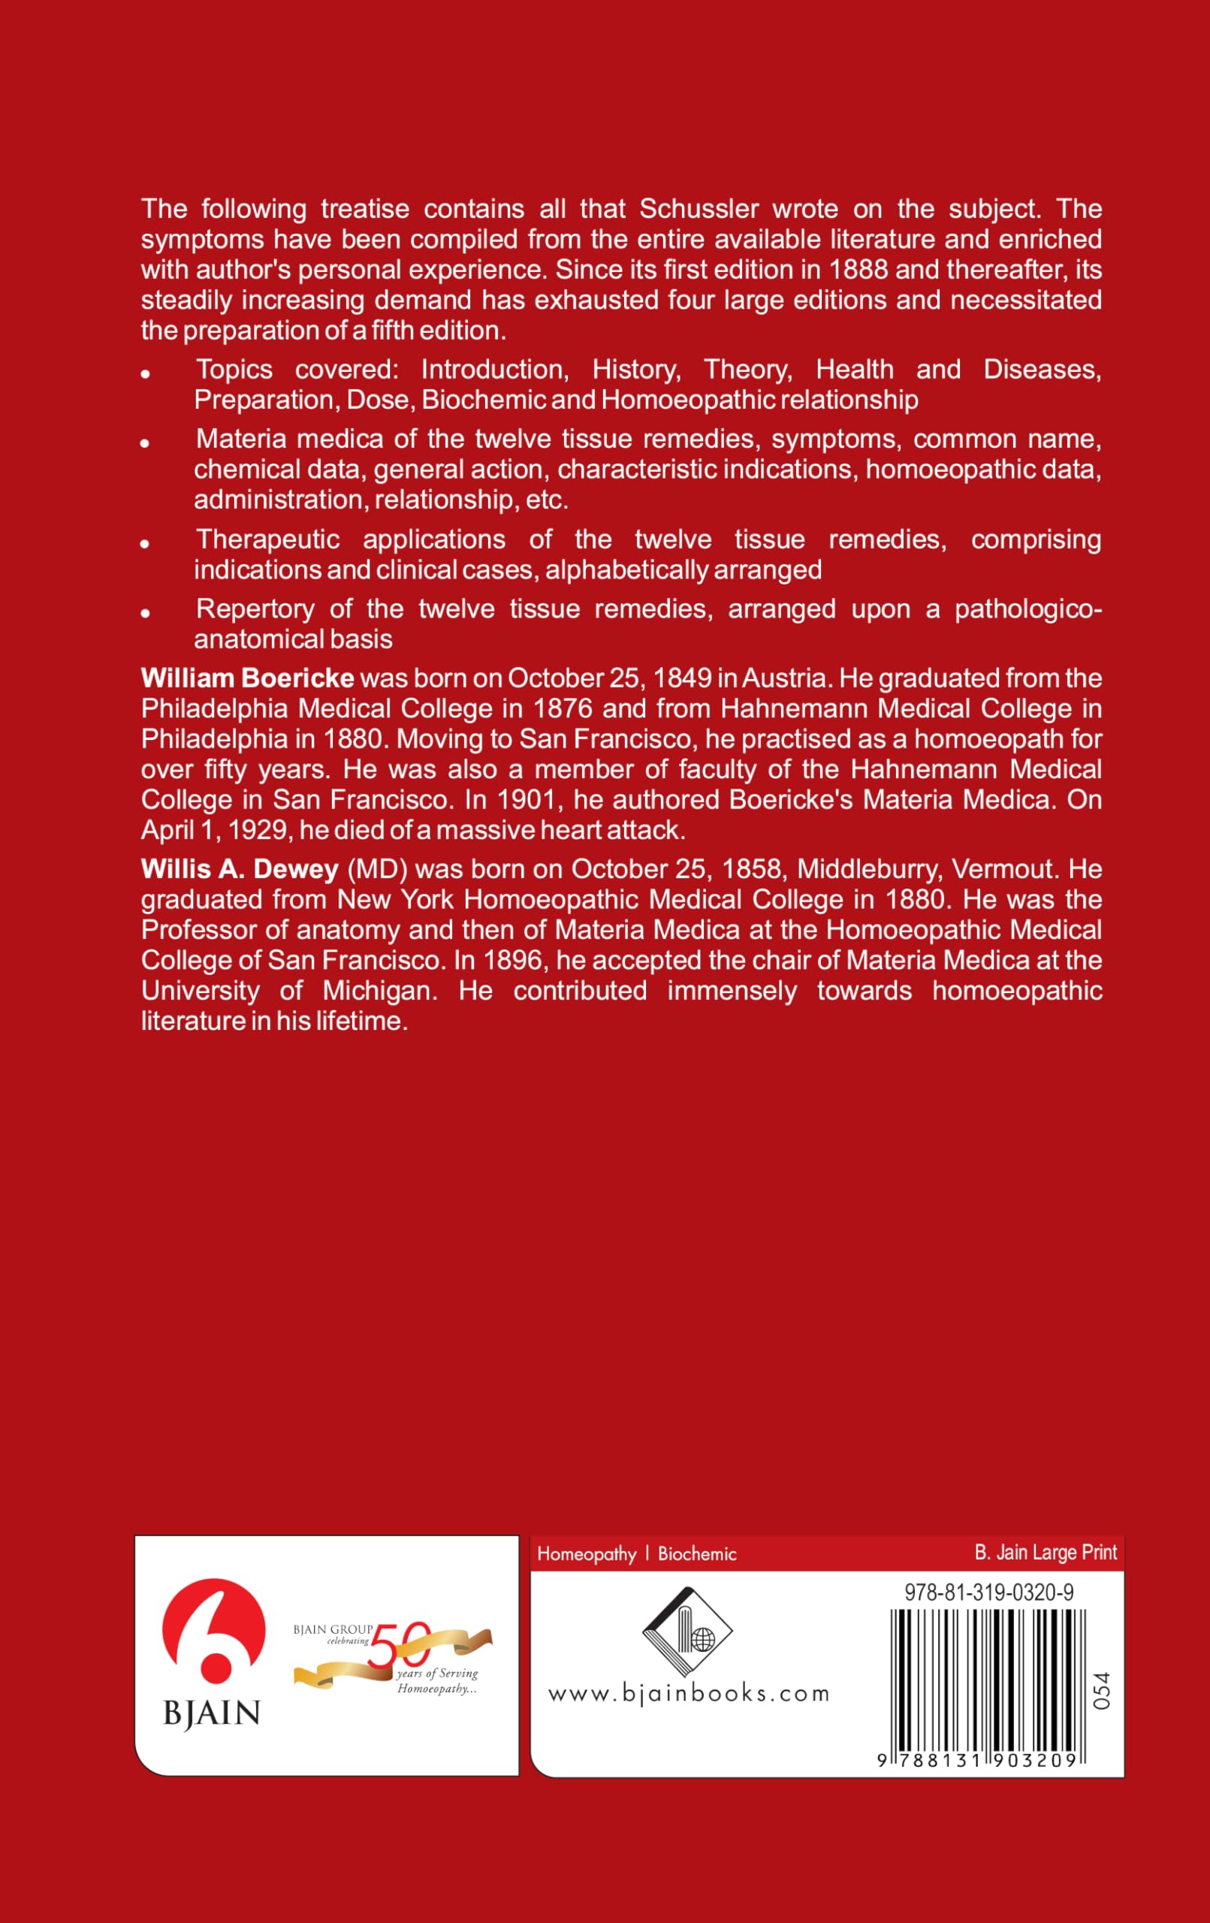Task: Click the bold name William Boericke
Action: pos(248,678)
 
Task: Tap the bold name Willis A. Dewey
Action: pos(240,869)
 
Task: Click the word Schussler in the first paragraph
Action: pos(699,210)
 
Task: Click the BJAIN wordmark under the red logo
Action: pos(212,1713)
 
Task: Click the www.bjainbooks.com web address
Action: pos(689,1694)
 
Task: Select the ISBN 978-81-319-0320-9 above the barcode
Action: pos(988,1592)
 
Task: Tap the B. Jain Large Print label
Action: pos(1046,1553)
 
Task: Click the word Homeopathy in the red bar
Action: pos(587,1554)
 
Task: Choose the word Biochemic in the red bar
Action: pos(696,1554)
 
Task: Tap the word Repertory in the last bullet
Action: pos(255,609)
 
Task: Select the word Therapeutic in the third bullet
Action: pos(268,540)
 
